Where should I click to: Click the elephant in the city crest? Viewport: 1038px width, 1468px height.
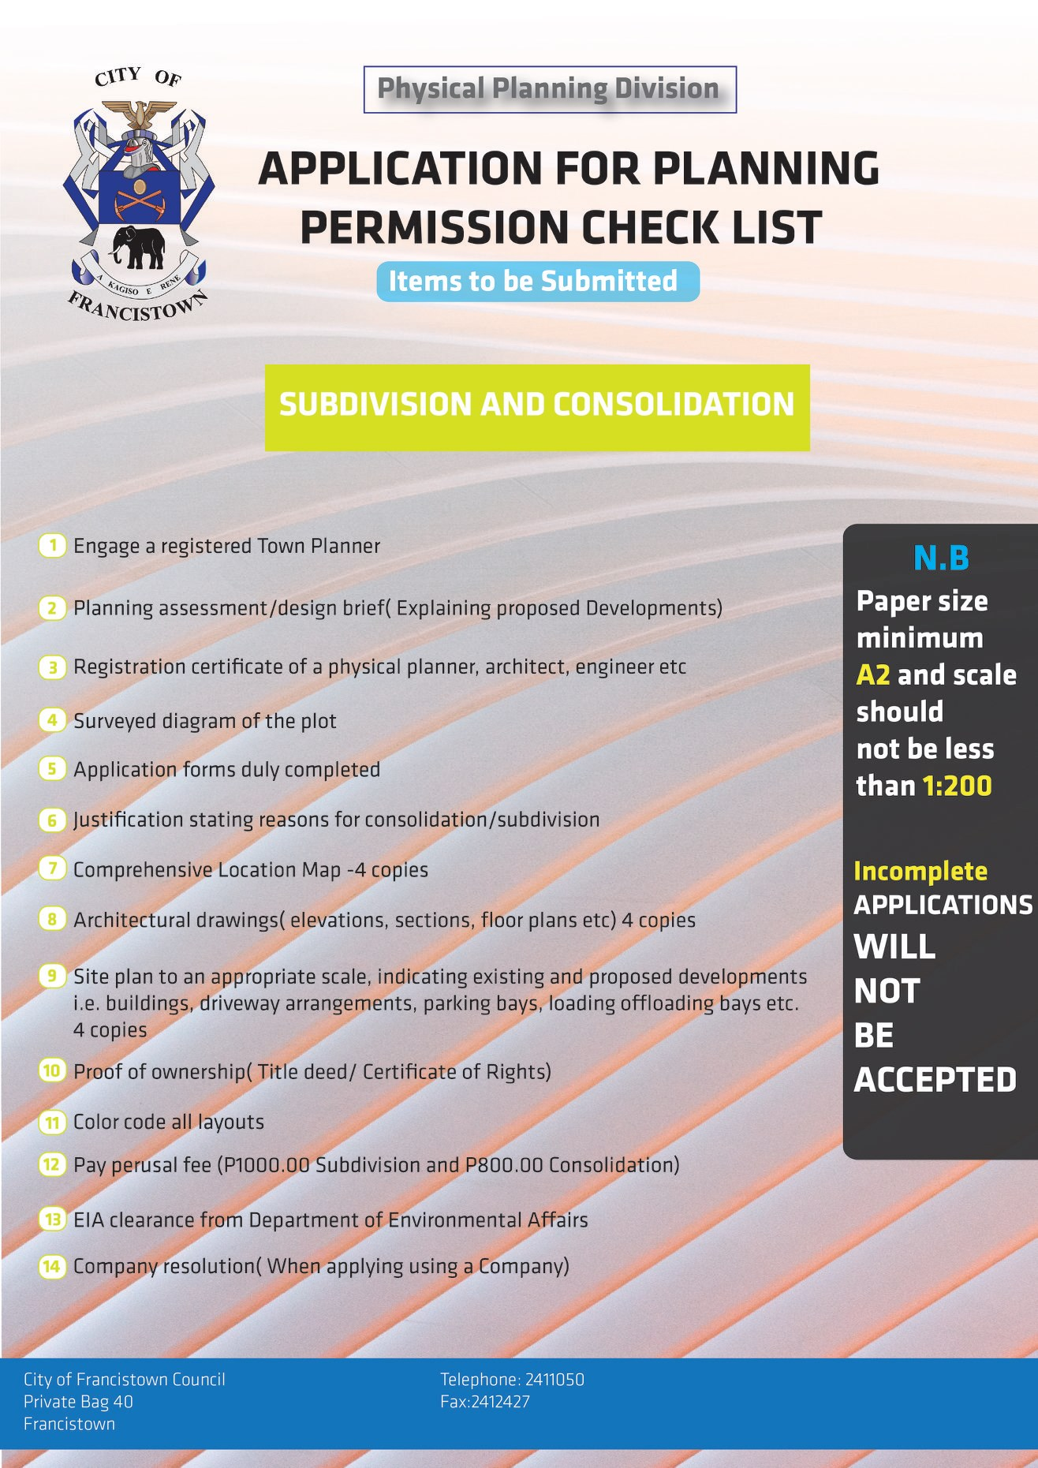point(139,247)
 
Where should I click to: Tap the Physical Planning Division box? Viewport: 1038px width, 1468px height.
point(549,89)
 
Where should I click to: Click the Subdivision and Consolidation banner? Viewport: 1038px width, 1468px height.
point(537,407)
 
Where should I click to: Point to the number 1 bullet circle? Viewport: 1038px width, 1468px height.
point(52,546)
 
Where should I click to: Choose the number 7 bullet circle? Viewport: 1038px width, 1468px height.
point(52,869)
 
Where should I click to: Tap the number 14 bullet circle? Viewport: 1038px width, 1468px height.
point(51,1266)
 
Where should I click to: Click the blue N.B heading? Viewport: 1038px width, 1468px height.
point(940,558)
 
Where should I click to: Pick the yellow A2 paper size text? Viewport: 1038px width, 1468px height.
point(872,675)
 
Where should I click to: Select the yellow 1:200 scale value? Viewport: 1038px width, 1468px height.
point(956,786)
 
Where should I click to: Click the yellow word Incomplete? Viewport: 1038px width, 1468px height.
point(920,871)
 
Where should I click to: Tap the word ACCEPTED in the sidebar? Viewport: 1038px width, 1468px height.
point(935,1080)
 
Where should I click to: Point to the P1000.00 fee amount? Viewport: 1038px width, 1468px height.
point(267,1165)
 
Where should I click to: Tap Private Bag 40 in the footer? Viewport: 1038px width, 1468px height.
point(78,1402)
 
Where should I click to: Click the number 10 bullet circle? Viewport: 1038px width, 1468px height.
point(51,1070)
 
